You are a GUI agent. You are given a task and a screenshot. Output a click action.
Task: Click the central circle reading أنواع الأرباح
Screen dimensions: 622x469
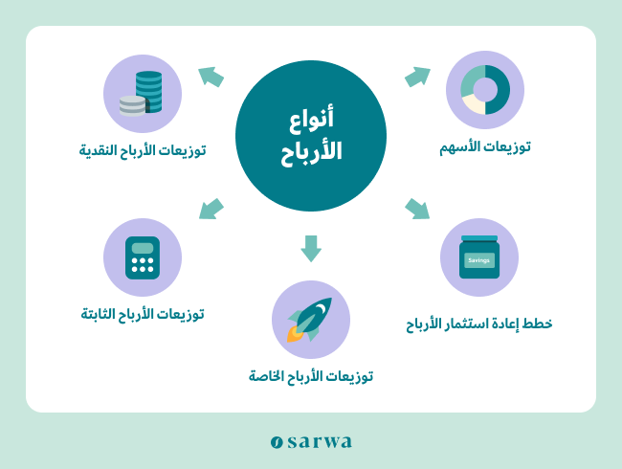311,136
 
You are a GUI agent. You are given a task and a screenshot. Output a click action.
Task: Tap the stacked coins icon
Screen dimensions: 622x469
142,94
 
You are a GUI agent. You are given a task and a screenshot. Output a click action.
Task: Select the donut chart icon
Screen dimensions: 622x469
485,90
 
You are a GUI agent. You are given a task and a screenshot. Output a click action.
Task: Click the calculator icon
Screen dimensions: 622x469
143,257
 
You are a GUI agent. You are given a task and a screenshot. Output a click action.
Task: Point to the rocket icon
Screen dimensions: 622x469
310,320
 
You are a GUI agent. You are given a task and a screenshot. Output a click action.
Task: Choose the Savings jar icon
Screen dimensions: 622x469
479,257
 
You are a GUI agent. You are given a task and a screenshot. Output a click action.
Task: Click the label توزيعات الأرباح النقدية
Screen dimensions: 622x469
143,150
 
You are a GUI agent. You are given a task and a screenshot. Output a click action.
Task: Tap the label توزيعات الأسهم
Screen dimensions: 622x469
485,147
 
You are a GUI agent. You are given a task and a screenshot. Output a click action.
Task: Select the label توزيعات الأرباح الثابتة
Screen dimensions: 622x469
143,314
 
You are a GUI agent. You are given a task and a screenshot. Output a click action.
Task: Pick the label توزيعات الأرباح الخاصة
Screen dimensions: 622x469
311,376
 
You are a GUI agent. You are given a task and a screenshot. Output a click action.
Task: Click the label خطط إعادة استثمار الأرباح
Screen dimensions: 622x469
479,324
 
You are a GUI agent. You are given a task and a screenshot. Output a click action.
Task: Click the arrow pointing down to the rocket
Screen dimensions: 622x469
311,249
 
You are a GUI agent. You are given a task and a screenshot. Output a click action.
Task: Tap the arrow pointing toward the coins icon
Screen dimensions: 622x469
211,77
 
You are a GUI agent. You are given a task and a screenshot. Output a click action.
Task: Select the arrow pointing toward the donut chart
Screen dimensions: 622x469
418,77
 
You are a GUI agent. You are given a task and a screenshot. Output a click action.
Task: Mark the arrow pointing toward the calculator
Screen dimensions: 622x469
211,209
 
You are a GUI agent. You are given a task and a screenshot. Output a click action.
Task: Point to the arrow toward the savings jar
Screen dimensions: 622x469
417,209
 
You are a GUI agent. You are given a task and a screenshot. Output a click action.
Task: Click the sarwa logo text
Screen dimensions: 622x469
311,441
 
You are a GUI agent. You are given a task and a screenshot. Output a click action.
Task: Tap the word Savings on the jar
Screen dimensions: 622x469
478,260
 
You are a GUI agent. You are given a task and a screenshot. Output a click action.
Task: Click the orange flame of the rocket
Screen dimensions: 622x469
294,334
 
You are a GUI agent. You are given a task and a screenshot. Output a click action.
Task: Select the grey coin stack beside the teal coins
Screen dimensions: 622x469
132,106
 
